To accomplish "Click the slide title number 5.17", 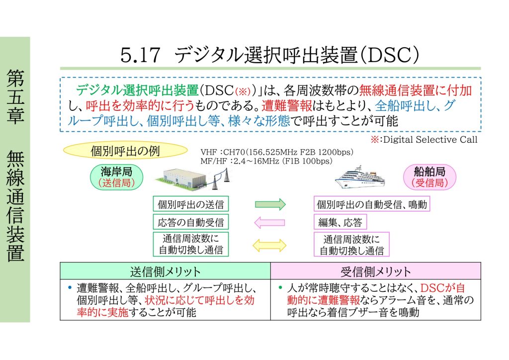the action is [x=140, y=55].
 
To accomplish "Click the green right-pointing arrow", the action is [x=270, y=204].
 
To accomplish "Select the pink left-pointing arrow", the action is [x=269, y=223].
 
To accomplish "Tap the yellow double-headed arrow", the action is [x=269, y=245].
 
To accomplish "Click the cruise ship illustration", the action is [x=360, y=177].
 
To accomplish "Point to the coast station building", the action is [x=184, y=178].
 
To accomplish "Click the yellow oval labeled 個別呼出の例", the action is [x=125, y=151].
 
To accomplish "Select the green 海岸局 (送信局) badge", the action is [x=116, y=177].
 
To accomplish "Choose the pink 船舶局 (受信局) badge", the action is [x=429, y=177].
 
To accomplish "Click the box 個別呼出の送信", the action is [x=191, y=204].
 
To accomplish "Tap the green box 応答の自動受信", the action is [x=191, y=222].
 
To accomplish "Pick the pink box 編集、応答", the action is [x=340, y=222].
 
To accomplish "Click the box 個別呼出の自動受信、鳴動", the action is [x=372, y=204].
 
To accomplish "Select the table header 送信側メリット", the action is [x=165, y=271].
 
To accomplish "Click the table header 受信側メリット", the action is [x=376, y=271].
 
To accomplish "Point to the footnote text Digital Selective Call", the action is [x=430, y=140].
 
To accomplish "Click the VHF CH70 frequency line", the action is [x=277, y=152].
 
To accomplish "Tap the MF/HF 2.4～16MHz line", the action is [x=266, y=161].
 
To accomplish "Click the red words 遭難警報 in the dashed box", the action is [x=287, y=106].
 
